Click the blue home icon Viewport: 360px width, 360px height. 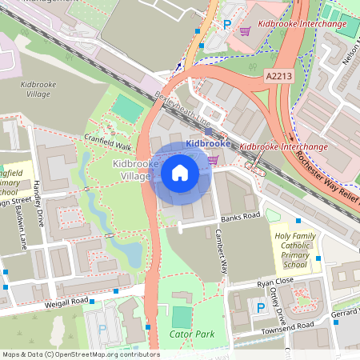pyautogui.click(x=180, y=173)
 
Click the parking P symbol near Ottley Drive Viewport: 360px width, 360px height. pyautogui.click(x=259, y=308)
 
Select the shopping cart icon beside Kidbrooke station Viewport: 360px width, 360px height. pyautogui.click(x=213, y=159)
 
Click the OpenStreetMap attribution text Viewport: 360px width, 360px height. pyautogui.click(x=80, y=354)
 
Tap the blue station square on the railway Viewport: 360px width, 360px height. pyautogui.click(x=208, y=131)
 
